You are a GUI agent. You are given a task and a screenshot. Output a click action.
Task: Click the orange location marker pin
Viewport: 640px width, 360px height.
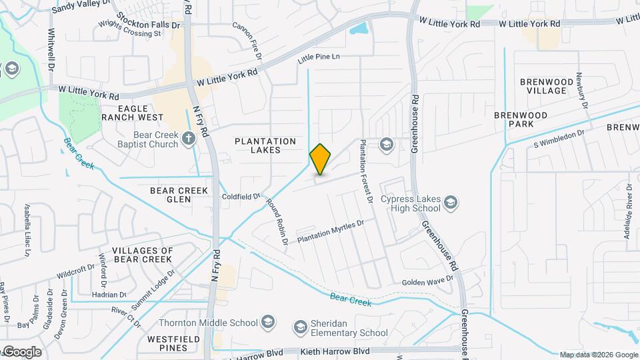[x=321, y=159]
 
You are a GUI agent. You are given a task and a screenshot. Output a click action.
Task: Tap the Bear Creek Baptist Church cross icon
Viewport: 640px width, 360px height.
[x=189, y=139]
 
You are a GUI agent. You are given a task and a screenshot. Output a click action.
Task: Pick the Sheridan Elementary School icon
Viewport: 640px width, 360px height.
[x=301, y=327]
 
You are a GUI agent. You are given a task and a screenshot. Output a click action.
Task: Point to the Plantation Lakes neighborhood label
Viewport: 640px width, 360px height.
[x=265, y=145]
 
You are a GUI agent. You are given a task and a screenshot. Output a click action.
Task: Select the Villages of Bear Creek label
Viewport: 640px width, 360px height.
[x=143, y=255]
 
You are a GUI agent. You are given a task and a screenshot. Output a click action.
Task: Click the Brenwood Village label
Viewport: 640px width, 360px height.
[x=547, y=86]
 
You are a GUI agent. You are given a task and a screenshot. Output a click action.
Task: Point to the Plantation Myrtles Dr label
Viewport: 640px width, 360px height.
[x=331, y=231]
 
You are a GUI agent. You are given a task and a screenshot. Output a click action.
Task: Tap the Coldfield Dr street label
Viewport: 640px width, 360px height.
[x=241, y=196]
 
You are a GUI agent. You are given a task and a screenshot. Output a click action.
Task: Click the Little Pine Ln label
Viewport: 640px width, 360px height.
[x=319, y=57]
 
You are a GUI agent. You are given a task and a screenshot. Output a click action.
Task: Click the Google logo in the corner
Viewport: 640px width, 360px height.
[x=22, y=351]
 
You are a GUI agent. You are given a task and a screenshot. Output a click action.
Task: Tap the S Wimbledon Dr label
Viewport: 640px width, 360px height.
[x=558, y=139]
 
